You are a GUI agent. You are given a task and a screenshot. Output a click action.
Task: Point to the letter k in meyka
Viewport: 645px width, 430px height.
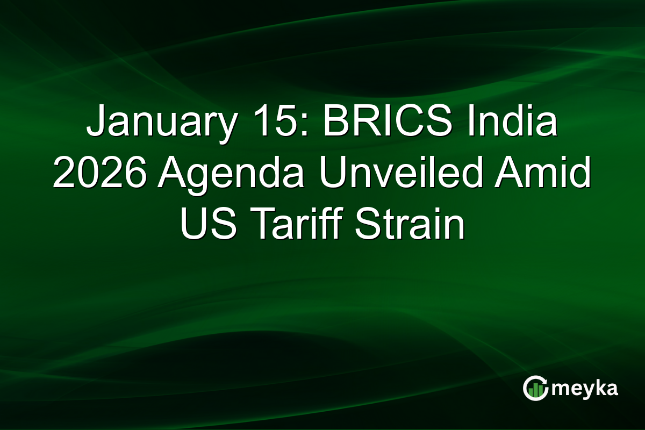point(599,388)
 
